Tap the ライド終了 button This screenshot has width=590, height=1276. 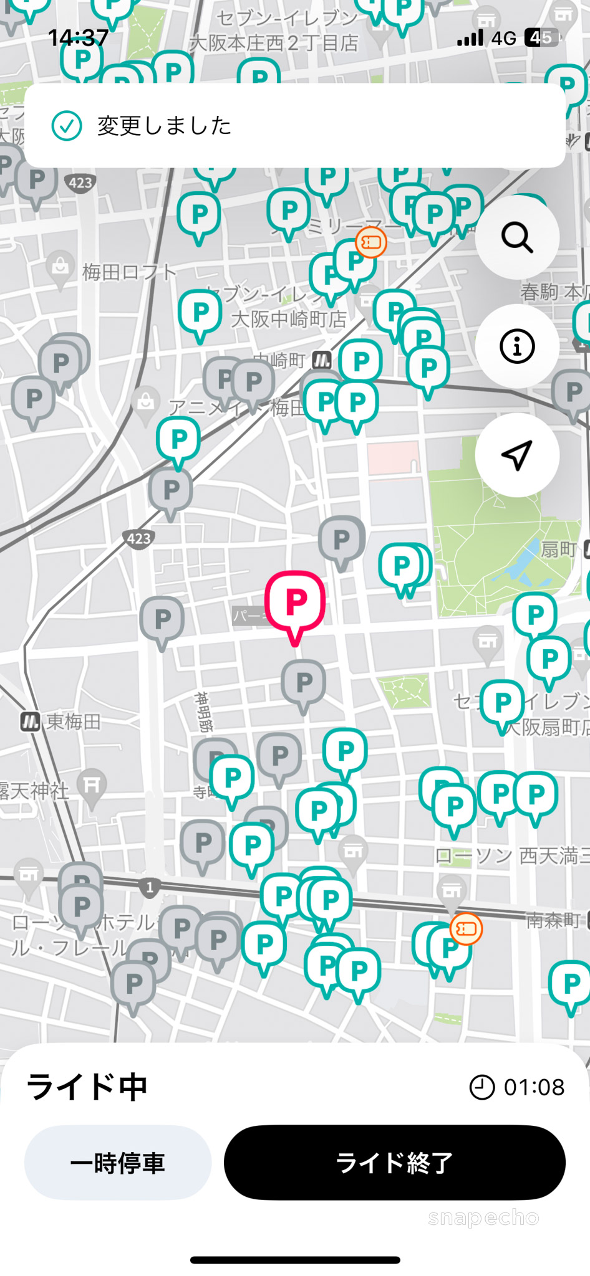(x=394, y=1163)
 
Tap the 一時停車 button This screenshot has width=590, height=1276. (x=118, y=1163)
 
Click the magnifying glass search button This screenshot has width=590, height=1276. (x=517, y=237)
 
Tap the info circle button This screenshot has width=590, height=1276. (x=517, y=346)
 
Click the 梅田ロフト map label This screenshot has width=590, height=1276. (x=130, y=272)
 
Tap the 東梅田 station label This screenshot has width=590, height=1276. (x=73, y=721)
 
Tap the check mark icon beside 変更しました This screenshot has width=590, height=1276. (x=67, y=126)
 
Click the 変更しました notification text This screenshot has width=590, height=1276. (x=165, y=126)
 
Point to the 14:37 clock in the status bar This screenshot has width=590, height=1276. (x=79, y=38)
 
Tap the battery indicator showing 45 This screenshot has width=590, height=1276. (x=540, y=38)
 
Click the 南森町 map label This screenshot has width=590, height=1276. (x=553, y=920)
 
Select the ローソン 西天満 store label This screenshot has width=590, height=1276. (x=511, y=856)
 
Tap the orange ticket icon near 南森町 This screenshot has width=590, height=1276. (x=467, y=929)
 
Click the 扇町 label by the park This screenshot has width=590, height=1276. (x=558, y=550)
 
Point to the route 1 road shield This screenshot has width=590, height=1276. (x=150, y=887)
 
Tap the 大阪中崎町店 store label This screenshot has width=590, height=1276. (x=289, y=320)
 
